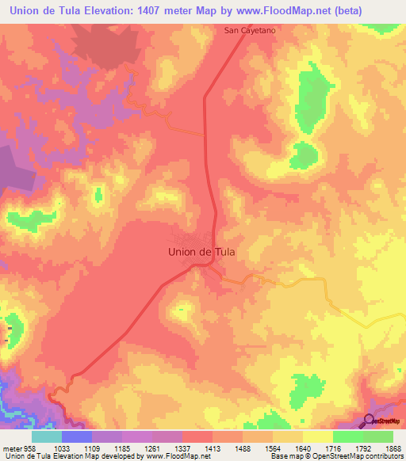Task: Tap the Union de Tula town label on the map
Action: (x=202, y=252)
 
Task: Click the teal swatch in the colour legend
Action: (x=46, y=436)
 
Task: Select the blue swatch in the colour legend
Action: (x=77, y=436)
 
